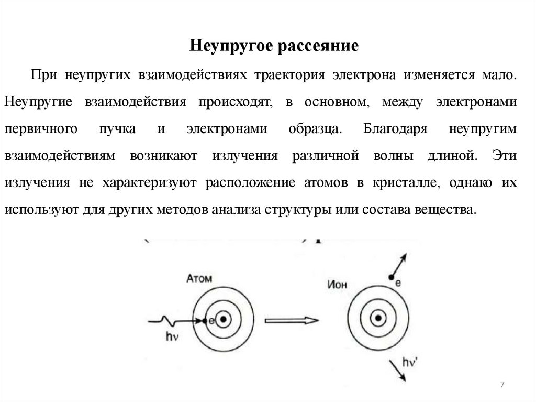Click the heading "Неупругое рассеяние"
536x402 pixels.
274,45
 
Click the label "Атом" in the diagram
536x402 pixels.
199,279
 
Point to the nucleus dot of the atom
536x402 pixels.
224,319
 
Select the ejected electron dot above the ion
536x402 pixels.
390,277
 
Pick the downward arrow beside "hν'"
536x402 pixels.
397,371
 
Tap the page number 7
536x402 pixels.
502,385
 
